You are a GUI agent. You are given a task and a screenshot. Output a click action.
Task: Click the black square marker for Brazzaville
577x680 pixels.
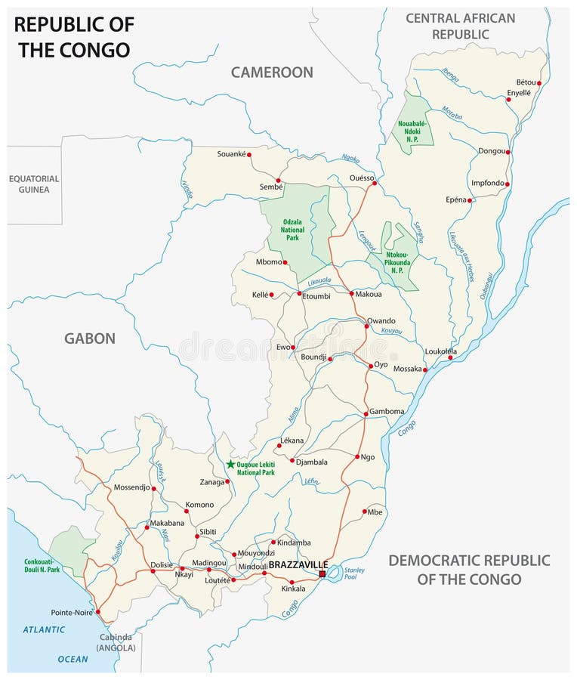pos(322,575)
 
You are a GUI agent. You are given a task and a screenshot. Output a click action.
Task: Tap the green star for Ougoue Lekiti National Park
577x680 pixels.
pos(230,464)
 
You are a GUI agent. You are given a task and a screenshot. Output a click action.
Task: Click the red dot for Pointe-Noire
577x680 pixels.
pos(100,612)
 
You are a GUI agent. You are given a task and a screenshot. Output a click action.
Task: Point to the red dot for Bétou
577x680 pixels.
pos(539,83)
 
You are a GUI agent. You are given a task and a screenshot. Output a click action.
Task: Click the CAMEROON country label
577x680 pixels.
pos(272,73)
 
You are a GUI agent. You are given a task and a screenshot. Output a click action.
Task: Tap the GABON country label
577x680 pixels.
pos(90,338)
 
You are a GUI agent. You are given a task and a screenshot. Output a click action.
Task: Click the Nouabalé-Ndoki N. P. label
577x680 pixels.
pos(412,132)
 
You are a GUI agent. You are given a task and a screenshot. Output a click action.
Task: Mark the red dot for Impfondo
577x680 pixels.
pos(508,184)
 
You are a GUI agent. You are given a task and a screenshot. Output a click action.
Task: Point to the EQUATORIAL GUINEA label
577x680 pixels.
pos(34,184)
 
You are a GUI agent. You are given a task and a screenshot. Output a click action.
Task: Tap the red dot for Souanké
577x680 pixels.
pos(248,155)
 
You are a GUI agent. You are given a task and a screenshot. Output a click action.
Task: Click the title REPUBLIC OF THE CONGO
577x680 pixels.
pos(74,37)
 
